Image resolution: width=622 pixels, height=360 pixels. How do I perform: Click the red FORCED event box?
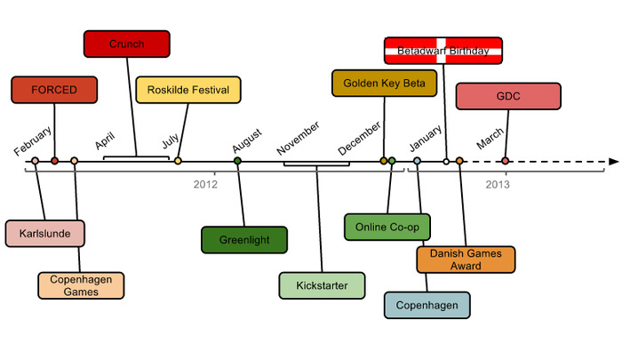(54, 90)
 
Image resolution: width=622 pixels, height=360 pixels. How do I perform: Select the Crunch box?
(126, 43)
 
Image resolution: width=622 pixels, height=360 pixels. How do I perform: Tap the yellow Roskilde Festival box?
(188, 90)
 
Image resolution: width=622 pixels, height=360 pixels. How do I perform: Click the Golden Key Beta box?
(385, 83)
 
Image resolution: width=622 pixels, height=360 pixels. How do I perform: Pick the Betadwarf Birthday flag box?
(443, 51)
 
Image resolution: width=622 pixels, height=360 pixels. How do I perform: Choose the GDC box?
(508, 96)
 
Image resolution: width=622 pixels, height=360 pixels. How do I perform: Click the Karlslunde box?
(44, 233)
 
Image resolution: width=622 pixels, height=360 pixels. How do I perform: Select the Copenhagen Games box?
(81, 285)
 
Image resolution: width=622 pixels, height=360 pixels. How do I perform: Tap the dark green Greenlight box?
(244, 240)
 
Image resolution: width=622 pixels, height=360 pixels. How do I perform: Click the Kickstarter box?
(322, 285)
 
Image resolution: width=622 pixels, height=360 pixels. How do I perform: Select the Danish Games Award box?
(466, 259)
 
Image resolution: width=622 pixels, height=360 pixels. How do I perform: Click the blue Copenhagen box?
(427, 305)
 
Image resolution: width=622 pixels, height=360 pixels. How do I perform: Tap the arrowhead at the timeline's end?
(613, 162)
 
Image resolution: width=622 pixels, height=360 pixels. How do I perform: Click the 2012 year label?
(205, 185)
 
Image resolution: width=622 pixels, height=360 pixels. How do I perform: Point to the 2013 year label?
(498, 185)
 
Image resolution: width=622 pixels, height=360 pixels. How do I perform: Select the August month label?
(247, 140)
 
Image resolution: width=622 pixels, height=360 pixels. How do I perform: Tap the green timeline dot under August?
(237, 161)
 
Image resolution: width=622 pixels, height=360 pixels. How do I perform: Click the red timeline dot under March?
(506, 161)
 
